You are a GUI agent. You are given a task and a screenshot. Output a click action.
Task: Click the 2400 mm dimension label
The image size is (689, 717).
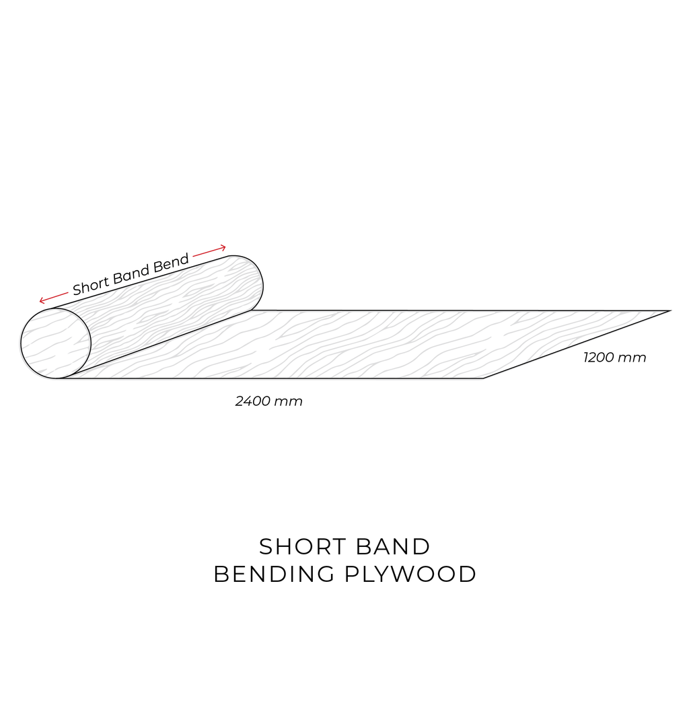(268, 401)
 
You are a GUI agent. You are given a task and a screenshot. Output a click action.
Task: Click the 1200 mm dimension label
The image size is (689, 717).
(614, 357)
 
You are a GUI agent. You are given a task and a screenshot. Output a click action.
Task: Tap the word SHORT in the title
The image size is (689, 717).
(302, 546)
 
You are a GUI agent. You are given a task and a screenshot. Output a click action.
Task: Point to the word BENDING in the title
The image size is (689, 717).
(275, 575)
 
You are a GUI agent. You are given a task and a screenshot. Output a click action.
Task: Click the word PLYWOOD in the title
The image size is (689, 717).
(410, 575)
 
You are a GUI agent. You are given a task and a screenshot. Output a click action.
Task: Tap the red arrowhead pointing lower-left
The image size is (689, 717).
(42, 300)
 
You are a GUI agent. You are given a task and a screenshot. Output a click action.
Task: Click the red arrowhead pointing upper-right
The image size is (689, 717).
(222, 248)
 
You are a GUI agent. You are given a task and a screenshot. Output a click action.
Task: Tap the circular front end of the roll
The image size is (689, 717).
(55, 343)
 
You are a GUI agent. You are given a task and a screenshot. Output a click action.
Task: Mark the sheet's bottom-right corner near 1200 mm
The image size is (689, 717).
(484, 378)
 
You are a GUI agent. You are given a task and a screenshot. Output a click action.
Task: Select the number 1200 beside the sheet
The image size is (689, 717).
(598, 357)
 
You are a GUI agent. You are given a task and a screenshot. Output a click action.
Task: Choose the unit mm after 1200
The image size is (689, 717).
(632, 359)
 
